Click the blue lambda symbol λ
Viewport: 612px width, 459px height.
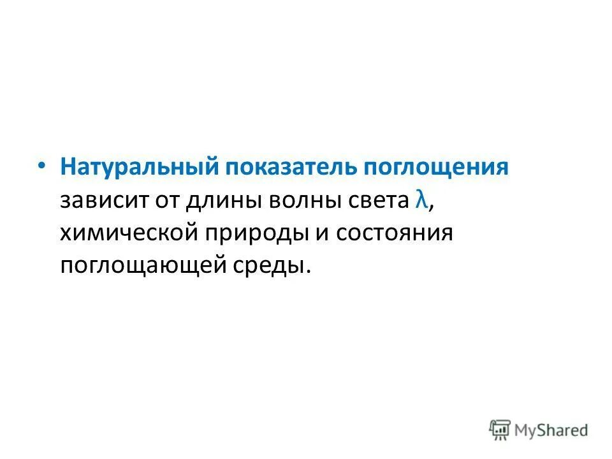coord(419,200)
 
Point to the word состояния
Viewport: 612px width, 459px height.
coord(395,233)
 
